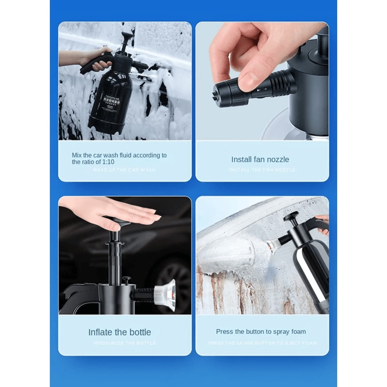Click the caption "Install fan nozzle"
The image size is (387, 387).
click(x=260, y=159)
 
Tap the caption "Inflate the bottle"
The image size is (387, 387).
click(x=119, y=332)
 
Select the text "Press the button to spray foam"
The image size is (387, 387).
click(x=261, y=332)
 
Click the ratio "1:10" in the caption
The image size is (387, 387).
click(x=108, y=162)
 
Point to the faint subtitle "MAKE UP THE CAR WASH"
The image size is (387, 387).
click(x=124, y=170)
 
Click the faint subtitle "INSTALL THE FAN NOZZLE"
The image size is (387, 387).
click(x=262, y=170)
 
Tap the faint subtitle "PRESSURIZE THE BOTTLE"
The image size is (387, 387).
click(x=124, y=343)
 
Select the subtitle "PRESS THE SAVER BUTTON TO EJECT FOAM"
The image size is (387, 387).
click(x=262, y=343)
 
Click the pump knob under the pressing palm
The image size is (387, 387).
click(x=116, y=225)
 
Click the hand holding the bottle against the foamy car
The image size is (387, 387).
click(x=94, y=58)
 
